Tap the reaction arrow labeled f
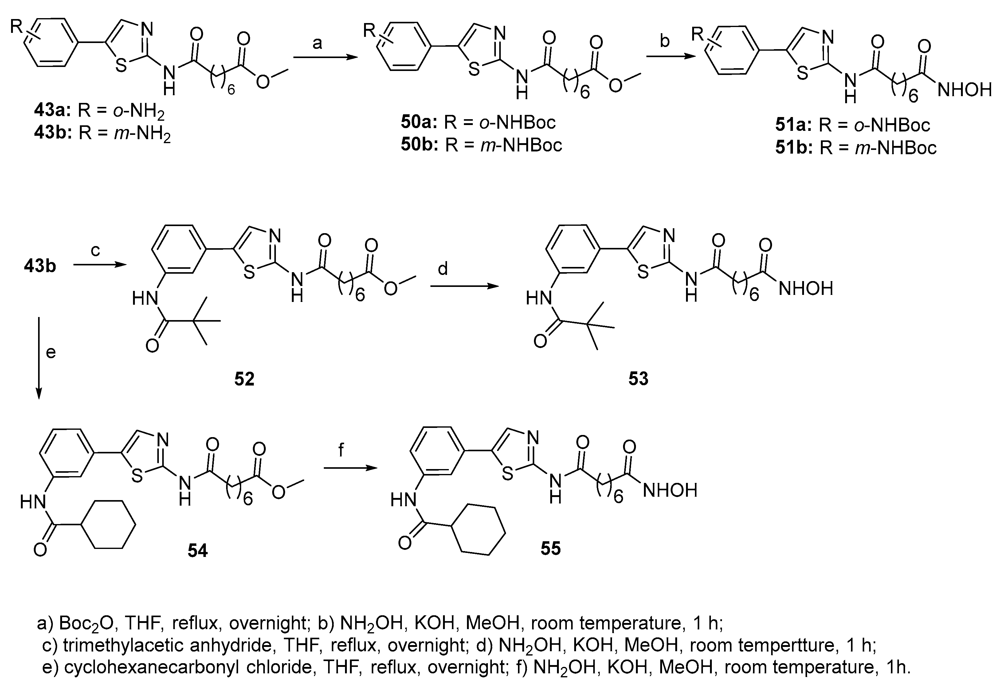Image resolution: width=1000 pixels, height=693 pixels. click(350, 468)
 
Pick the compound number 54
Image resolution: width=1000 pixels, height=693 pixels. click(198, 550)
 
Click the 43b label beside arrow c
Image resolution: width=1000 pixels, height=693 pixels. click(40, 266)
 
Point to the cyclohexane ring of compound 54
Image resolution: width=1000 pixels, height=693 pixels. click(108, 525)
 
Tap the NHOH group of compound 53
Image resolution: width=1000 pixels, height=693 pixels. click(806, 288)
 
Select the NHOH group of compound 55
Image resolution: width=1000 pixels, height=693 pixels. click(670, 490)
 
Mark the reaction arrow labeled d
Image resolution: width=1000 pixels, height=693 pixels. click(464, 286)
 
